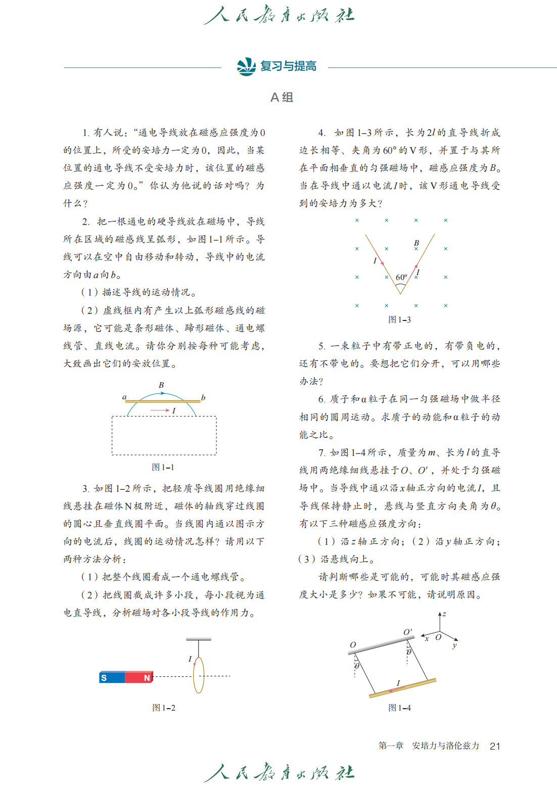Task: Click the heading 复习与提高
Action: coord(288,66)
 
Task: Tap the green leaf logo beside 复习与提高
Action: coord(246,66)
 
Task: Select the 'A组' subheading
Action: coord(282,97)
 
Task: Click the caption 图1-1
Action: coord(163,467)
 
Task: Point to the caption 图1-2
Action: coord(164,708)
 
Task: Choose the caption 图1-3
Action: coord(399,319)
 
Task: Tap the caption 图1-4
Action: coord(399,708)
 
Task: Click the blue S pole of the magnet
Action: coord(112,677)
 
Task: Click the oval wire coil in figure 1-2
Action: coord(199,675)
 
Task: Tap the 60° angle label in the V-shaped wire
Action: coord(401,277)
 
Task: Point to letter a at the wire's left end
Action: coord(124,397)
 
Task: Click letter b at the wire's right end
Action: coord(203,398)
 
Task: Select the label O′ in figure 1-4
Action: coord(407,632)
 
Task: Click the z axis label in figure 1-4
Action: coord(444,614)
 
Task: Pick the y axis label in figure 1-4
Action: coord(454,645)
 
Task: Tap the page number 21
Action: coord(495,746)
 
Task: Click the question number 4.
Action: coord(321,132)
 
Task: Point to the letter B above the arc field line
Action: coord(161,385)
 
